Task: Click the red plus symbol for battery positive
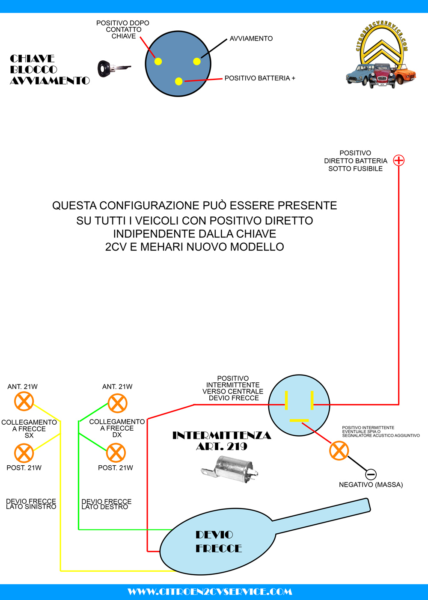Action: coord(398,160)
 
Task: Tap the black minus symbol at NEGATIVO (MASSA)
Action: coord(371,474)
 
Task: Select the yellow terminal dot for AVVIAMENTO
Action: coord(197,62)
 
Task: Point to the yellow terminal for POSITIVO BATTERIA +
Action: coord(179,81)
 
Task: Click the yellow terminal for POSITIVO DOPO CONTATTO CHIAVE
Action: coord(158,61)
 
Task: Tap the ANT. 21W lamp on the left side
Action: coord(24,402)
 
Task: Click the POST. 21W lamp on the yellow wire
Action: coord(24,453)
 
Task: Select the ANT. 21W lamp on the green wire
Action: coord(117,403)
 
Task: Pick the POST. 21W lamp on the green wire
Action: coord(116,453)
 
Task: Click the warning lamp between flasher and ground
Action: coord(339,451)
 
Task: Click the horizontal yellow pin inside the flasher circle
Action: coord(299,420)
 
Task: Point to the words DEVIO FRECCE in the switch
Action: coord(218,541)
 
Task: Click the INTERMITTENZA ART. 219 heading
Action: coord(222,441)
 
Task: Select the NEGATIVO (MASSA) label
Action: coord(371,485)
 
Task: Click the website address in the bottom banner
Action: coord(210,592)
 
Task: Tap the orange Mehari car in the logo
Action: coord(404,76)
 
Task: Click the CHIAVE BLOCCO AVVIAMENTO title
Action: coord(49,70)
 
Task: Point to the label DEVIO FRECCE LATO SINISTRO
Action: coord(31,504)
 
